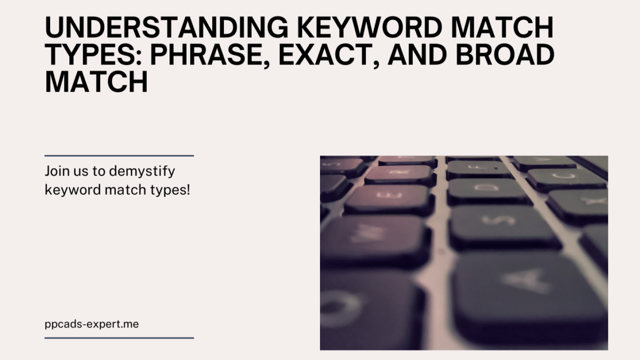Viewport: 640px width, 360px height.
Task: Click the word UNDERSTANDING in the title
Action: point(166,27)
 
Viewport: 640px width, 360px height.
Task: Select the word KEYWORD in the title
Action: point(370,27)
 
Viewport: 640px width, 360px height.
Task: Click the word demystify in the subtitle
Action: point(142,172)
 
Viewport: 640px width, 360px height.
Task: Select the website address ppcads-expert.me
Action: point(92,325)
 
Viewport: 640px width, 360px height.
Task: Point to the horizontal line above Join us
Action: point(119,156)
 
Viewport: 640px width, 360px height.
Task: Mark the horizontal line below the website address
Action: point(119,338)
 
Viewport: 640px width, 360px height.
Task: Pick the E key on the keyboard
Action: point(389,198)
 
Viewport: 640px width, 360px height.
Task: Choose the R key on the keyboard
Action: point(400,174)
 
